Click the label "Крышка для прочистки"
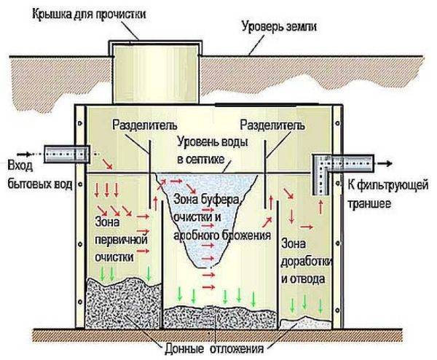click(89, 14)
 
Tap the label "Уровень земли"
click(279, 27)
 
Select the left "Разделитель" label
click(145, 125)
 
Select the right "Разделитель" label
click(272, 125)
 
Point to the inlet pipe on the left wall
click(67, 154)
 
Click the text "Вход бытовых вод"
click(39, 175)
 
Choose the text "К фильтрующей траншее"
click(387, 194)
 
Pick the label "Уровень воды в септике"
click(213, 151)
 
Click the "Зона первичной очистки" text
click(121, 239)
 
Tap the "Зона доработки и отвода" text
click(307, 262)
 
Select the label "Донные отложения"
click(214, 348)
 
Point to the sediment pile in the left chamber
click(124, 302)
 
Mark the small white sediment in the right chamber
click(305, 322)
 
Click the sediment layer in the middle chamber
click(220, 317)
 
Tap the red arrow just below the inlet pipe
click(107, 164)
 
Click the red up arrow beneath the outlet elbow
click(320, 207)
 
